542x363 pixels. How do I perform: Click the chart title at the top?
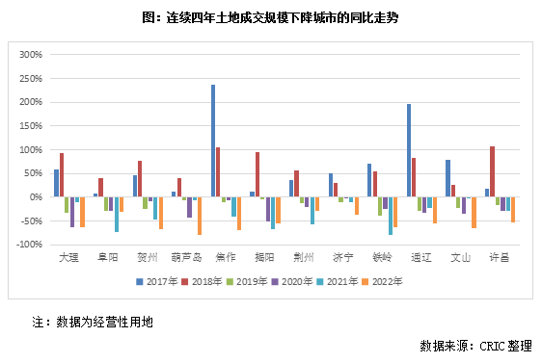point(270,17)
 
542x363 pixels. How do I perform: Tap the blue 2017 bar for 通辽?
point(409,150)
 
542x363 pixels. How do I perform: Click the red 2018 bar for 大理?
point(62,175)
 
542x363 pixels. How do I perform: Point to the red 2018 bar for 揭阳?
point(257,174)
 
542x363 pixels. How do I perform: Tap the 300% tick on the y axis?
point(30,55)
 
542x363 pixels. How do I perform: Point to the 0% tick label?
point(36,197)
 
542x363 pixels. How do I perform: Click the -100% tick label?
point(29,245)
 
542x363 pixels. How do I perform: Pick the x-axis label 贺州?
point(146,258)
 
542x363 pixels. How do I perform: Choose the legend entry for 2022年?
point(383,282)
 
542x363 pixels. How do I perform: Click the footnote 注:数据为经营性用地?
point(93,321)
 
